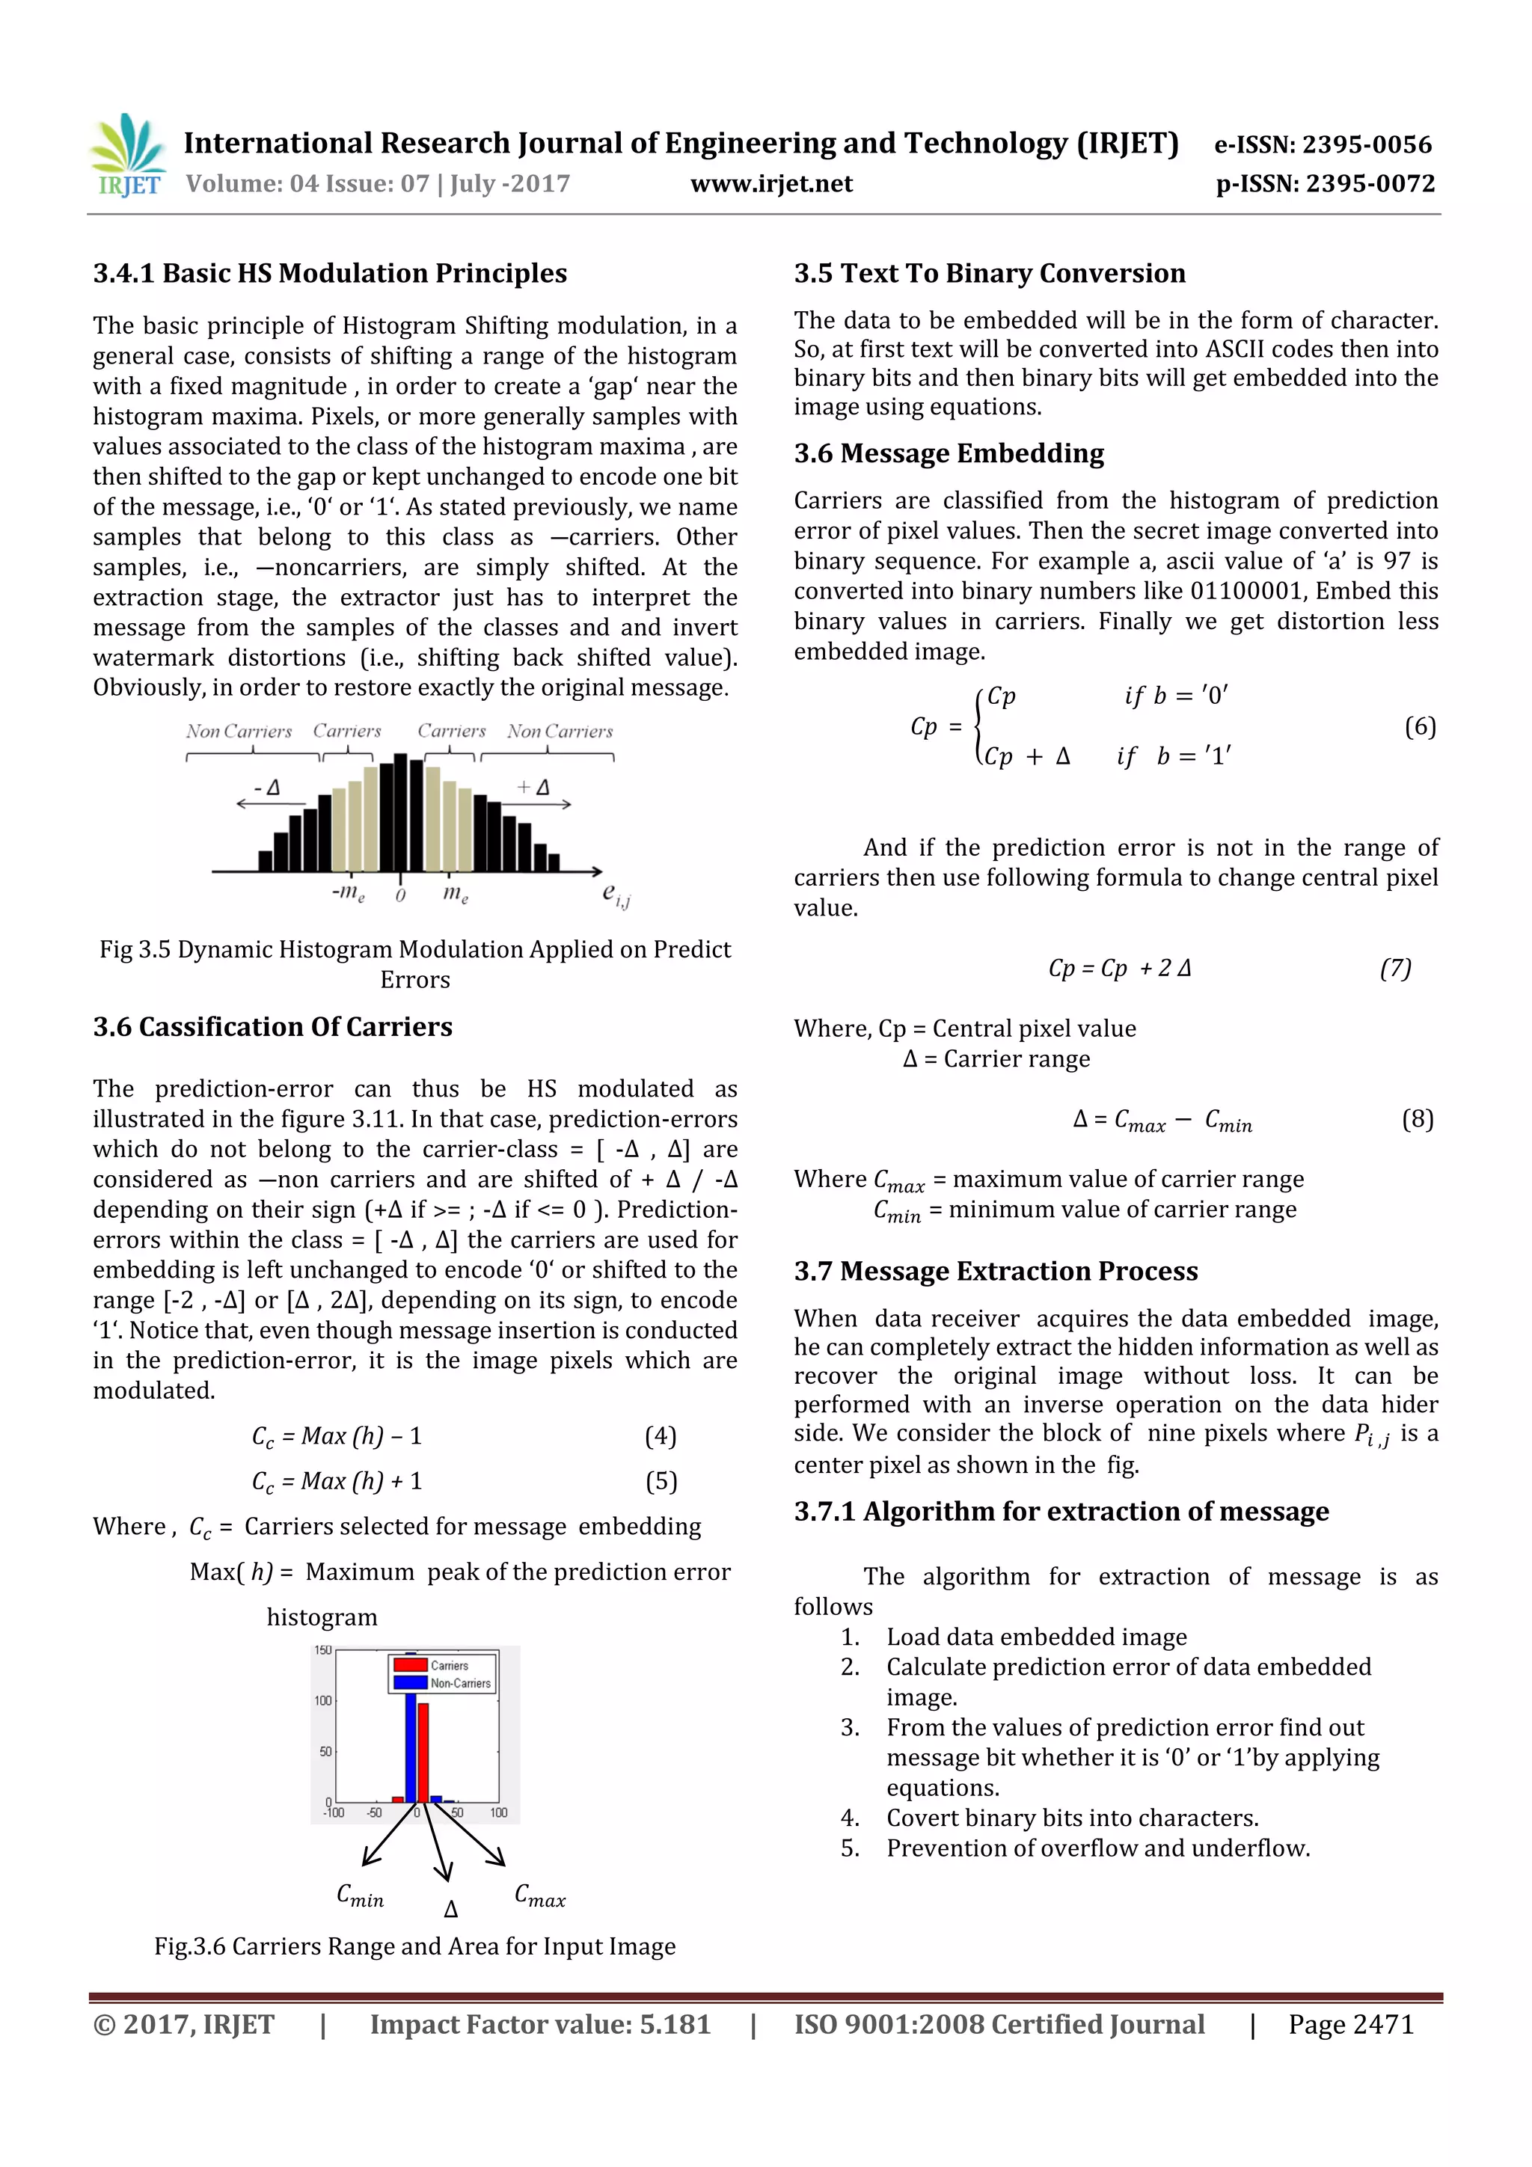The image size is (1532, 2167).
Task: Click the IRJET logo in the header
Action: click(x=127, y=156)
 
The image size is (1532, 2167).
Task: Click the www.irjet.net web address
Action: click(x=771, y=184)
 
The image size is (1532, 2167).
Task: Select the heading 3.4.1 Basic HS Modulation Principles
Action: click(x=329, y=274)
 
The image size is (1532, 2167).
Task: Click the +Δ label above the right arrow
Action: click(x=534, y=787)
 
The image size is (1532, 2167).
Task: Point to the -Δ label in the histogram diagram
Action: click(x=267, y=787)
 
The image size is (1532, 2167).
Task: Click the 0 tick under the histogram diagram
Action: click(x=400, y=895)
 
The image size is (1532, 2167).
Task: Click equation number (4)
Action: click(x=660, y=1435)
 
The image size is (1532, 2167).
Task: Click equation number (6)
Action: click(x=1420, y=727)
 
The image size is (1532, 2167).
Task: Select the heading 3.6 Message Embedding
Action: click(x=948, y=454)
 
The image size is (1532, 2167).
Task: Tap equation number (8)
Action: click(x=1417, y=1119)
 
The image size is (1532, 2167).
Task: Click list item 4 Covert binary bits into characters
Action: click(x=1071, y=1818)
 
